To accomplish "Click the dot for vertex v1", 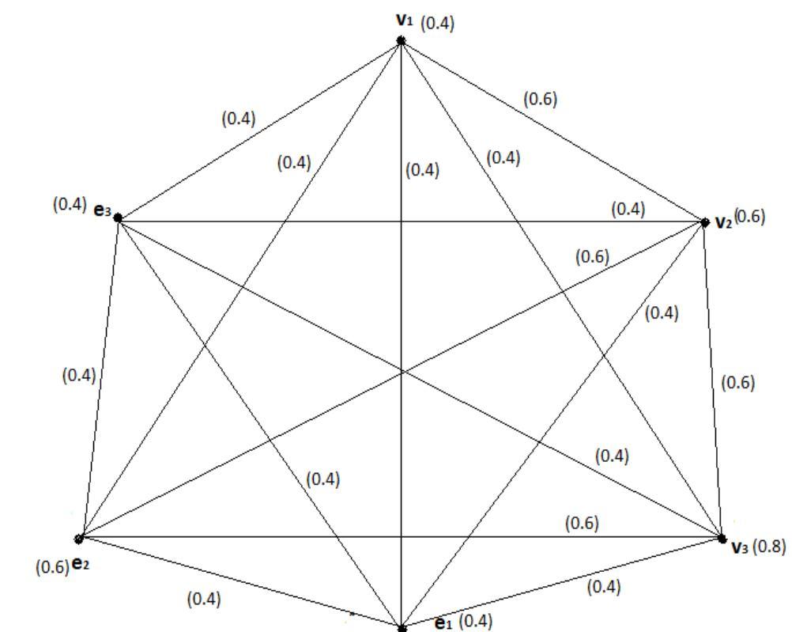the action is tap(402, 40).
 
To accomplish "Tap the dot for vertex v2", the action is tap(705, 223).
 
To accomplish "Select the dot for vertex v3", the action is tap(722, 539).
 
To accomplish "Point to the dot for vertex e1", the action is tap(402, 629).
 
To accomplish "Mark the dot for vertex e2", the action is tap(79, 539).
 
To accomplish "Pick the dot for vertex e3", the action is tap(118, 218).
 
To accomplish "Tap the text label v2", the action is tap(723, 222).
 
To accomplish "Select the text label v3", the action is tap(739, 547).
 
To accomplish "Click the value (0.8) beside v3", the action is tap(769, 546).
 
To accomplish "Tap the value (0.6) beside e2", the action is tap(52, 566).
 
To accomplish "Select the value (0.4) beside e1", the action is tap(475, 622).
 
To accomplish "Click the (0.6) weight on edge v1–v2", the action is tap(540, 99).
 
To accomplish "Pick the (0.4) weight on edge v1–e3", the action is tap(238, 119).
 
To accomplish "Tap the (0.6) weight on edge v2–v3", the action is tap(738, 382).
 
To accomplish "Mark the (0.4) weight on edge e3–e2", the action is tap(78, 375).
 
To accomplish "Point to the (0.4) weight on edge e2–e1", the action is tap(203, 600).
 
